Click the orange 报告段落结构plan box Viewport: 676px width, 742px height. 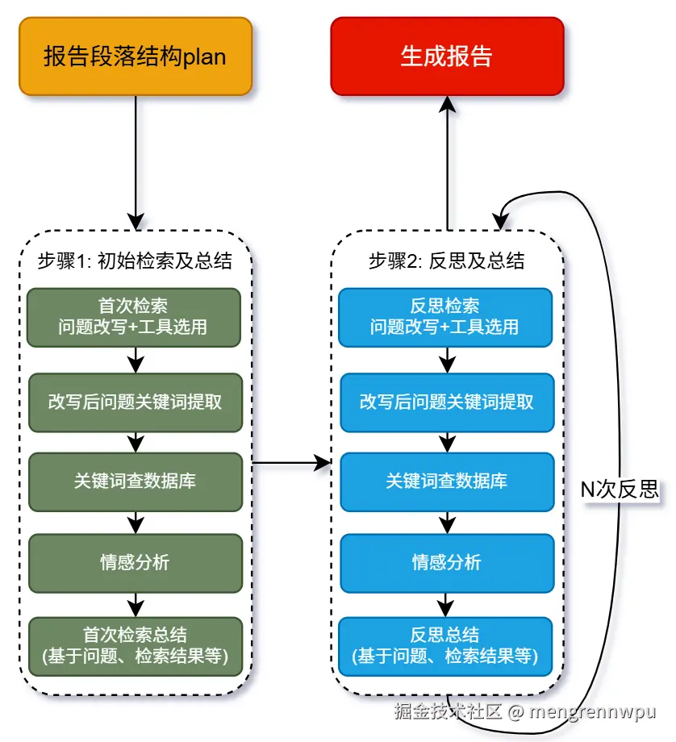(136, 56)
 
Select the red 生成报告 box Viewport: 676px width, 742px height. (447, 56)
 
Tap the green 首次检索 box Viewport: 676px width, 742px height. (134, 318)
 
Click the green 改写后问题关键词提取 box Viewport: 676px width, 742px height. (136, 402)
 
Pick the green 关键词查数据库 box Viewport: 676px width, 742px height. (136, 481)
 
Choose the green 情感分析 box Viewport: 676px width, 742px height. (136, 563)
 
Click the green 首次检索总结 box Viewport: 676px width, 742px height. (136, 646)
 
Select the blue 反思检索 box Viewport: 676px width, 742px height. (445, 318)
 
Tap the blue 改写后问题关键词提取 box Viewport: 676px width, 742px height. (447, 402)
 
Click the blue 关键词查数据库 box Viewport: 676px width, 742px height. (447, 481)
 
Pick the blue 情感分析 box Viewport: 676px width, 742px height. (447, 563)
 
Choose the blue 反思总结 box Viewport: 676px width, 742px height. (445, 646)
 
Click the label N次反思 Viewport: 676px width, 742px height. (620, 490)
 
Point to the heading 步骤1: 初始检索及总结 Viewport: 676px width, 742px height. (135, 261)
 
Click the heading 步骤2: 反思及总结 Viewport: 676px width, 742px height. (446, 261)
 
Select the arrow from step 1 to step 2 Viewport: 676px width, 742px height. (291, 463)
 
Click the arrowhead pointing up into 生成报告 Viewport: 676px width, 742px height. (448, 104)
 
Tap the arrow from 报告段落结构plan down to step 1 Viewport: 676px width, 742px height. (136, 163)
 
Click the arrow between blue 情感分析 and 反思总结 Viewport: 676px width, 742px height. (447, 605)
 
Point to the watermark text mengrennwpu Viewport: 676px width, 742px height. (592, 712)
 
